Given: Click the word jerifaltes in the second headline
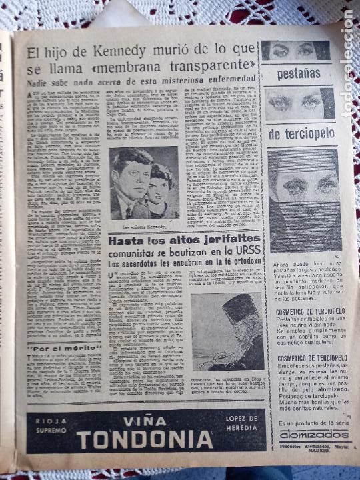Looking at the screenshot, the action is click(227, 239).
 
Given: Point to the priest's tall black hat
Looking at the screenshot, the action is click(237, 307).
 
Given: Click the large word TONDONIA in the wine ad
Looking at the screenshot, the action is click(144, 439).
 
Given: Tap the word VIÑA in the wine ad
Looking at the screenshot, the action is click(145, 422).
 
